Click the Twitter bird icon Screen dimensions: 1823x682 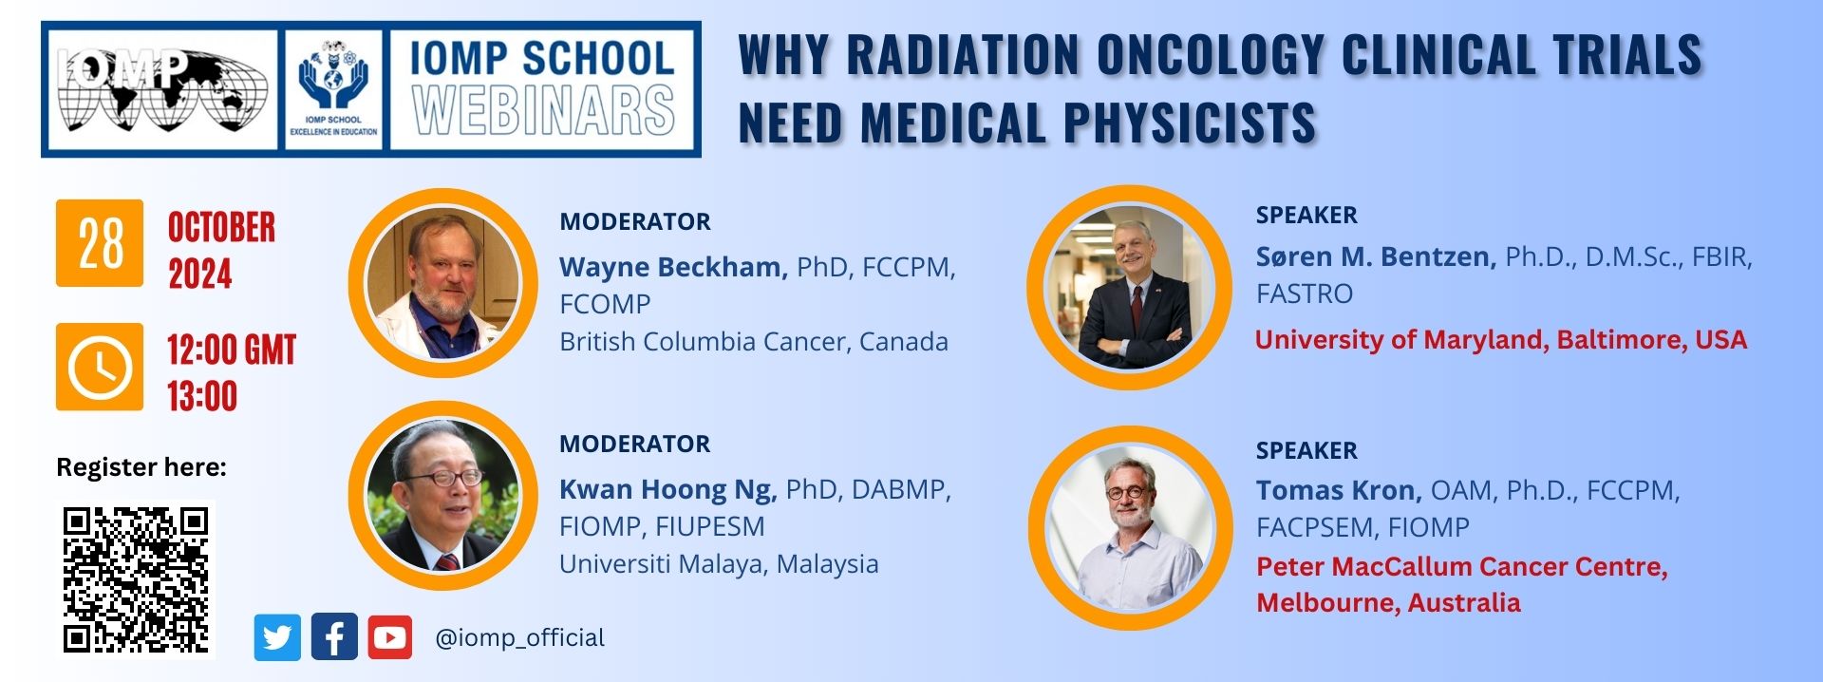[277, 637]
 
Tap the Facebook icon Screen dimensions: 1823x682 [333, 637]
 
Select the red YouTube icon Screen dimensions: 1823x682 [389, 637]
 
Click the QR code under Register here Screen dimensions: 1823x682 [136, 579]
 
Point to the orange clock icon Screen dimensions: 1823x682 [100, 367]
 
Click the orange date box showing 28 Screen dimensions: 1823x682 [100, 243]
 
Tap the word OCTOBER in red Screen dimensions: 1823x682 [221, 228]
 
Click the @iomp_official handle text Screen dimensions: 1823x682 [519, 637]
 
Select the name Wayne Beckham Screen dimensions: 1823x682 [673, 267]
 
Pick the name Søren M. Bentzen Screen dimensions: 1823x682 [1376, 256]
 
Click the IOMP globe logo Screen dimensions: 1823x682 [161, 89]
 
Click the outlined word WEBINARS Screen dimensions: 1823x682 [543, 110]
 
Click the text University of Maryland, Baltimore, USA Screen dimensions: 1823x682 [1501, 340]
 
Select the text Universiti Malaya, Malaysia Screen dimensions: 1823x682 [719, 564]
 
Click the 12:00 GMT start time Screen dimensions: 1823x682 [232, 350]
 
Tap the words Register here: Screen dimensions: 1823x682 [141, 467]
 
